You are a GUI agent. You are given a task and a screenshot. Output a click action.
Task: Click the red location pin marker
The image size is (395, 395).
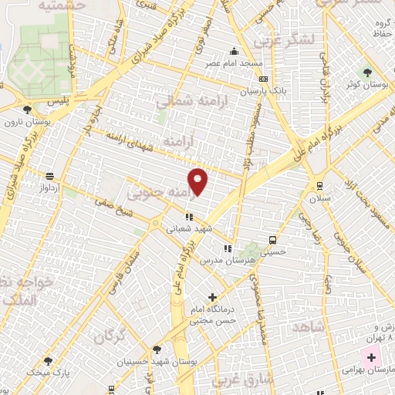(198, 181)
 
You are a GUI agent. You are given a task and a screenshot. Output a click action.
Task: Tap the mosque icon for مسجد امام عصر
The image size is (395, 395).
(235, 52)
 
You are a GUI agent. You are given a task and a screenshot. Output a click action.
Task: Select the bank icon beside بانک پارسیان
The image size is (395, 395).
(265, 79)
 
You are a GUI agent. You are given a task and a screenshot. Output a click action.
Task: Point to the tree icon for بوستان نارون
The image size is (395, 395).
(28, 110)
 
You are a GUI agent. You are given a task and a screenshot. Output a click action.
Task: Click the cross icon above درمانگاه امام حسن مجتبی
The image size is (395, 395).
(212, 297)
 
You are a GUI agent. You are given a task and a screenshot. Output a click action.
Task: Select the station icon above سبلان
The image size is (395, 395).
(319, 185)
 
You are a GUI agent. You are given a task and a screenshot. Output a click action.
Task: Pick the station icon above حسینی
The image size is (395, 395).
(272, 239)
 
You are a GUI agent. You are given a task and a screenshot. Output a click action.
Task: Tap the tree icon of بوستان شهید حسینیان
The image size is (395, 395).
(157, 349)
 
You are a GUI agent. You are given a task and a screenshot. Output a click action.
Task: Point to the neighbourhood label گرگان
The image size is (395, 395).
(108, 336)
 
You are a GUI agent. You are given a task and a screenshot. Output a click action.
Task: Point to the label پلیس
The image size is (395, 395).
(58, 101)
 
